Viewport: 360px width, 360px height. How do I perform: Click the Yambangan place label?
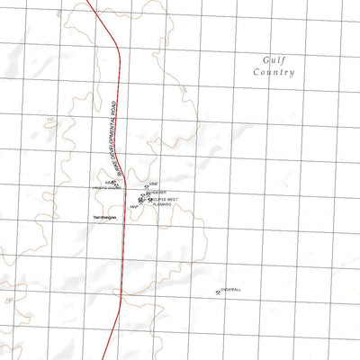[104, 217]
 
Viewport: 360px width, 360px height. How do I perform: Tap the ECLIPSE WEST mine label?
[165, 200]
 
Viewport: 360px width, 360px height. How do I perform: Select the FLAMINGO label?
[162, 205]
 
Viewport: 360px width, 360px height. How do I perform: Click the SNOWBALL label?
[230, 290]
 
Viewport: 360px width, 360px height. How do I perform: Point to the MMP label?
[134, 206]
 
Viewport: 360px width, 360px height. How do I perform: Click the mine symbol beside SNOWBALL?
[219, 291]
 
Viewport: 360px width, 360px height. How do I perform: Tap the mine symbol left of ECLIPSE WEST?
[149, 199]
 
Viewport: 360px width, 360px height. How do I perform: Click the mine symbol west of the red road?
[113, 183]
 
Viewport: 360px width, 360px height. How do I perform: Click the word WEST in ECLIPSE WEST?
[172, 200]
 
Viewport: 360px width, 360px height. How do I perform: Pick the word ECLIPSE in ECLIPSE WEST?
[159, 200]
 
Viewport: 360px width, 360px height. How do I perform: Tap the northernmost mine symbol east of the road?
[146, 185]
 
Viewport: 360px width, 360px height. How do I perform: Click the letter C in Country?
[256, 71]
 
